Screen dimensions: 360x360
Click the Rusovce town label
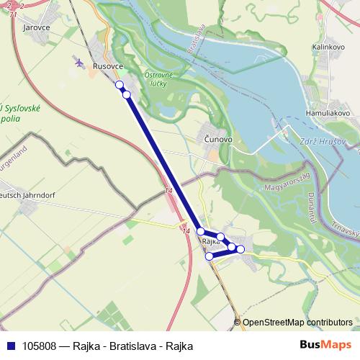click(x=108, y=66)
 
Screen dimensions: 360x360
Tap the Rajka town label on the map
click(x=210, y=242)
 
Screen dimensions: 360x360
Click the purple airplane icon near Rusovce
click(x=79, y=63)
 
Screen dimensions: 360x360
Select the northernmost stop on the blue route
click(x=120, y=84)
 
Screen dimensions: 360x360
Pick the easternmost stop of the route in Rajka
click(x=240, y=249)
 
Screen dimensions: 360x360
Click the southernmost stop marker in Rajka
click(x=209, y=256)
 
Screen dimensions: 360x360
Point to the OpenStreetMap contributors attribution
click(x=297, y=323)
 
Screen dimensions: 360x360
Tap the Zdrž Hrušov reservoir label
click(x=321, y=142)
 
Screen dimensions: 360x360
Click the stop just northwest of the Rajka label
click(x=201, y=231)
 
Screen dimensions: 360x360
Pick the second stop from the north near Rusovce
click(x=127, y=94)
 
